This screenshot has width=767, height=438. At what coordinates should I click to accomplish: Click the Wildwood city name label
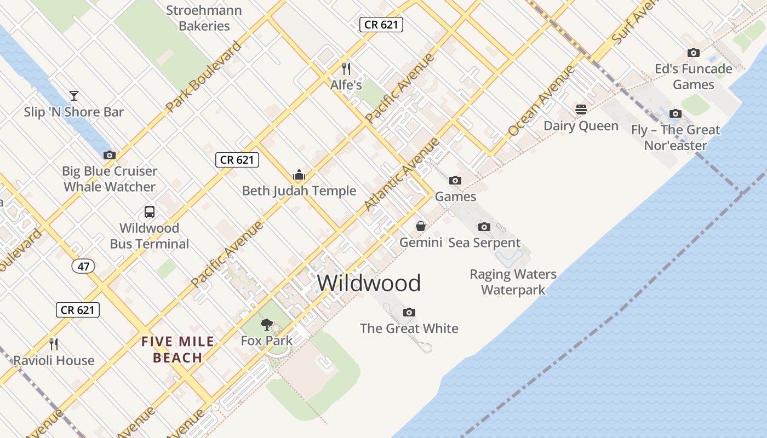coord(369,283)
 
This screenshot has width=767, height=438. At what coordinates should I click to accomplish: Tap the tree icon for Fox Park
coord(267,325)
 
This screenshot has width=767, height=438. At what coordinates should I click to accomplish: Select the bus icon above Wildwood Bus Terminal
coord(149,211)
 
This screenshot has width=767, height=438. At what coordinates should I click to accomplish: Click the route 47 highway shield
coord(83,267)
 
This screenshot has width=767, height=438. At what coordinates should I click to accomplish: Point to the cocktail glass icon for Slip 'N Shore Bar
coord(74,96)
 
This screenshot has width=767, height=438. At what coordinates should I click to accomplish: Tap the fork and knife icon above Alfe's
coord(346,68)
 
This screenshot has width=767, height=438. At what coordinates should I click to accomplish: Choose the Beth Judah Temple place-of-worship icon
coord(299,175)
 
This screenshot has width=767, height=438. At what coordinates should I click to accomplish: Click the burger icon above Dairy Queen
coord(581,109)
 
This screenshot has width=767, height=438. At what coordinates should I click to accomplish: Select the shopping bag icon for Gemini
coord(421,226)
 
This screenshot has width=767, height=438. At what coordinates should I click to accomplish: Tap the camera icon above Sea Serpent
coord(484,227)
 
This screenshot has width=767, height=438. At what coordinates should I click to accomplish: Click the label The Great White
coord(409,328)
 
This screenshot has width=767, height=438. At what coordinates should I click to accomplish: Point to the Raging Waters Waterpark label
coord(513,282)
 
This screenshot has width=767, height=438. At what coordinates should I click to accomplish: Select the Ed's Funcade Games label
coord(694,77)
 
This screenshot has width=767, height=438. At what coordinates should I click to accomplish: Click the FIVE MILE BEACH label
coord(178,350)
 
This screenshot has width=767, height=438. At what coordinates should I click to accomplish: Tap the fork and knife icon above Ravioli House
coord(54,344)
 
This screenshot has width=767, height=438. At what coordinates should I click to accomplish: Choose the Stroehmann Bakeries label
coord(204,18)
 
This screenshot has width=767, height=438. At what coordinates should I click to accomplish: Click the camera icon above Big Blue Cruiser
coord(110,155)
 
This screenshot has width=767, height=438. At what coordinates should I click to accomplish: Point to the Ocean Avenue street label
coord(541,101)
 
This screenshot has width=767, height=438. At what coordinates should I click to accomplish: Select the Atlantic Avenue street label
coord(402,174)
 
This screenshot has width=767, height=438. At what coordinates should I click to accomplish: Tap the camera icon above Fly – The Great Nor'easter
coord(676,113)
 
